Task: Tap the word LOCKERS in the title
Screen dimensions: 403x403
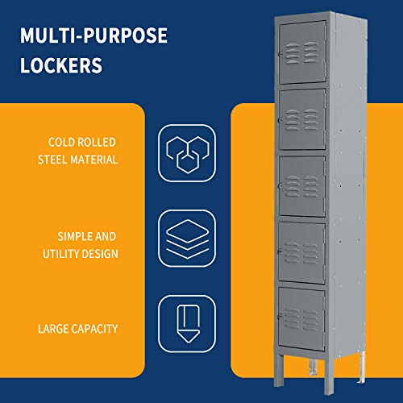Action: click(62, 64)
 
